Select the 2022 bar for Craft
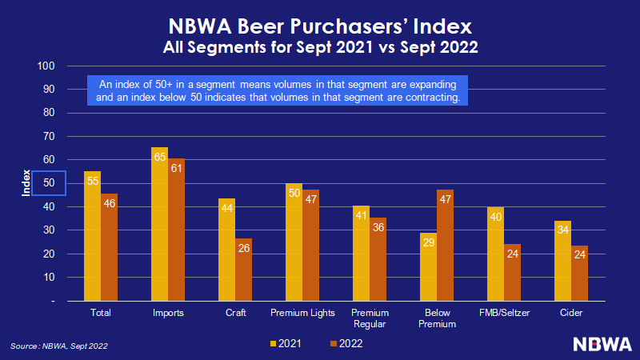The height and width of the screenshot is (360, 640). tap(243, 270)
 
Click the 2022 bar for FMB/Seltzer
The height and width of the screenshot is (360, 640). tap(512, 272)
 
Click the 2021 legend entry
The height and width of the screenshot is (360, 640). tap(288, 343)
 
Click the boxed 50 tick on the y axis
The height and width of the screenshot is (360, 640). tap(48, 183)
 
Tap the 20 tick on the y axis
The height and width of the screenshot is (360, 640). tap(48, 254)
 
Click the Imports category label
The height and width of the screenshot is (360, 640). tap(167, 313)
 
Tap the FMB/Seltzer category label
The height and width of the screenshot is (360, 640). tap(504, 313)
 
